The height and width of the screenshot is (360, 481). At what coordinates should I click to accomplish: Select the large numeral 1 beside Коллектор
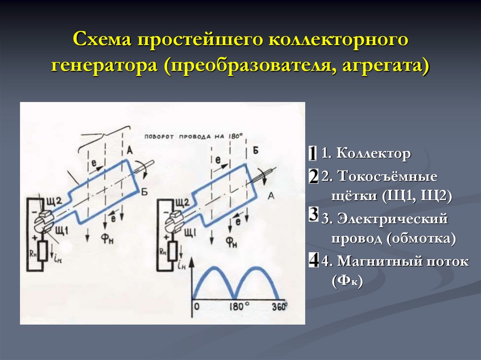313,153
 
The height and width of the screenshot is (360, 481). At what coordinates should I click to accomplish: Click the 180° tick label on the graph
239,307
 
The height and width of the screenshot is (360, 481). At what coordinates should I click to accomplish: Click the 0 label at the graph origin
197,307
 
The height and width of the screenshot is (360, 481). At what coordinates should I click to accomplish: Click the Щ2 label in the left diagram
53,202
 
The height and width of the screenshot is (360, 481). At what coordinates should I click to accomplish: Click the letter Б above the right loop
256,150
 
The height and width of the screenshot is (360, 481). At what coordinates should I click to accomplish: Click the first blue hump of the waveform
214,275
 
